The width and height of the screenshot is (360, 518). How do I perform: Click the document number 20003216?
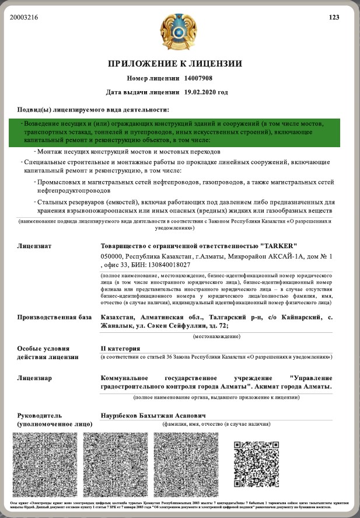click(24, 17)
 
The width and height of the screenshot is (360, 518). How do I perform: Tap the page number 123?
click(334, 17)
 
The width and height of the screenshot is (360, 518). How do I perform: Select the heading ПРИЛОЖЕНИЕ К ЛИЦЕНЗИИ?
click(174, 64)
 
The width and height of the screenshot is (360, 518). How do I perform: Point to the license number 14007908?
click(198, 78)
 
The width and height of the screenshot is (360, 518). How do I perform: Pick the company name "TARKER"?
click(279, 246)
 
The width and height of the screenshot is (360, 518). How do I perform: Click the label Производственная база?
click(54, 317)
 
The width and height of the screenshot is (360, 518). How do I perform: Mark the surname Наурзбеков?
click(124, 415)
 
